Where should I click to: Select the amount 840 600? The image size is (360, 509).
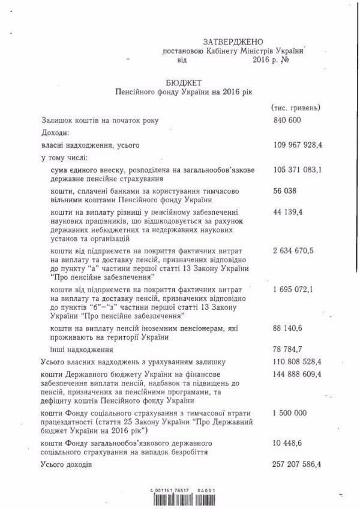click(x=286, y=120)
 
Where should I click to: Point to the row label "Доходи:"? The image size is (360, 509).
click(x=55, y=131)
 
